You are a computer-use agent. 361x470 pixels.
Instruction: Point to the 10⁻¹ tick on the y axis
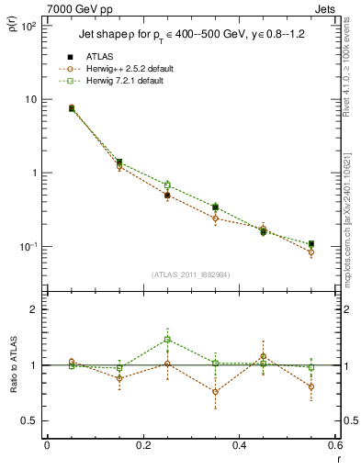tap(28, 246)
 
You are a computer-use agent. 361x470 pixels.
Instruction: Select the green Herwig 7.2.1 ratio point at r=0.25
tap(167, 340)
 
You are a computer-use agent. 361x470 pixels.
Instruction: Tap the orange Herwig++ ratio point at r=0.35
tap(215, 392)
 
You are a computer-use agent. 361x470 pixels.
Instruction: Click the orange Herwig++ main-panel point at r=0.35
tap(215, 218)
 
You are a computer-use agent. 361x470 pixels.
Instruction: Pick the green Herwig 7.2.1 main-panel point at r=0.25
tap(167, 185)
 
